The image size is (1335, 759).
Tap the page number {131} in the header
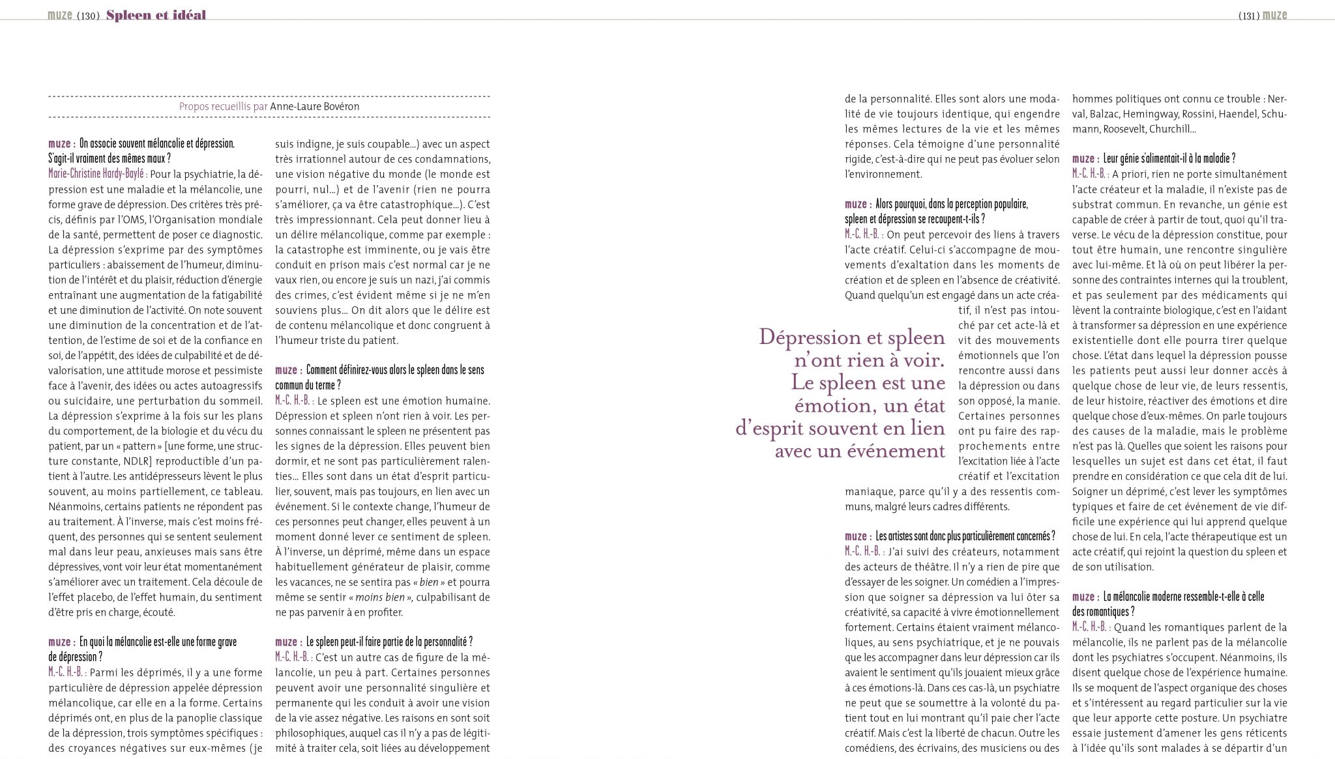[x=1248, y=15]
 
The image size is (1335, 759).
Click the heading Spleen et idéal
[x=156, y=15]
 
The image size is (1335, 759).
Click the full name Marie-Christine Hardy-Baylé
[x=97, y=174]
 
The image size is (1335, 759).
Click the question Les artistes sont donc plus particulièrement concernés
[x=965, y=537]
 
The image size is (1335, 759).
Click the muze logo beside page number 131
[x=1275, y=15]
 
